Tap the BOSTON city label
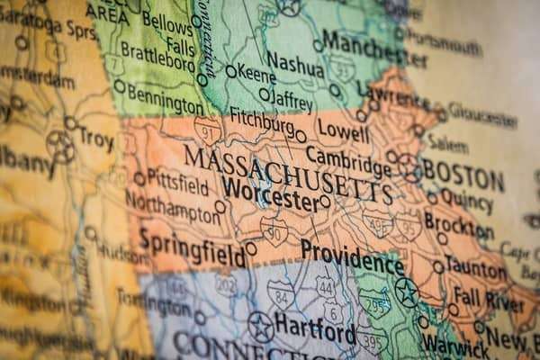tap(463, 172)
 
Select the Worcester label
tap(270, 197)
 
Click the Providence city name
tap(352, 256)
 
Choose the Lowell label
tap(342, 131)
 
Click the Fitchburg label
tap(262, 120)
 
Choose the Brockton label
tap(458, 221)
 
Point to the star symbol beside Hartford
tap(261, 326)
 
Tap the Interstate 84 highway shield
tap(281, 293)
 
